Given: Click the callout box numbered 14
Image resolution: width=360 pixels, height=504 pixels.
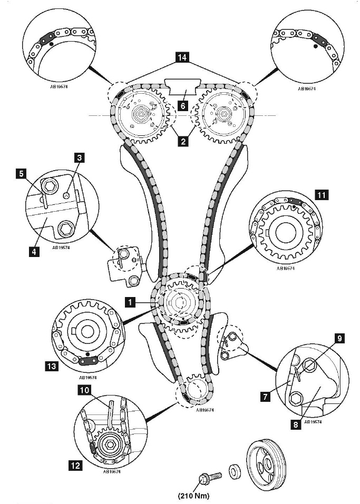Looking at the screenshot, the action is (182, 57).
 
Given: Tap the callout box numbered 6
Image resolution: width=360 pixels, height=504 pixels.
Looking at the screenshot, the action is (183, 106).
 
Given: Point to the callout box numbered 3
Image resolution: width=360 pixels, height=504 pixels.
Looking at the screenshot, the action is (80, 157).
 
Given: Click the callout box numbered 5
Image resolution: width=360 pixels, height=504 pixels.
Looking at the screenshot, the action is (21, 174).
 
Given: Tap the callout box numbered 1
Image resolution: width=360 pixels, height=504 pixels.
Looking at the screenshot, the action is (130, 302).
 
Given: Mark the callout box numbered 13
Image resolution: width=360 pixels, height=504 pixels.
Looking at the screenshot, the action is (52, 366).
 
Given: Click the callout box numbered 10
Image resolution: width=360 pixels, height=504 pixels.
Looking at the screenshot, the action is (84, 390).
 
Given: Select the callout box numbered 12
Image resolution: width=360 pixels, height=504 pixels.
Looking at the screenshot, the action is (75, 465).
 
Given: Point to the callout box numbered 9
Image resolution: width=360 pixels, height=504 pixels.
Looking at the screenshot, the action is (340, 338).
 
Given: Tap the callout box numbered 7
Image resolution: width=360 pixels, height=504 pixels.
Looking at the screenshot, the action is (265, 397).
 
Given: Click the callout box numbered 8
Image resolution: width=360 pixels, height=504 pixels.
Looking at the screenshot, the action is (296, 424).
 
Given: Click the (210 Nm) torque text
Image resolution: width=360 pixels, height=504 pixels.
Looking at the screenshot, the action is (191, 496).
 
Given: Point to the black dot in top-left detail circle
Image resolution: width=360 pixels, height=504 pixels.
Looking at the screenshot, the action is (51, 43).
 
